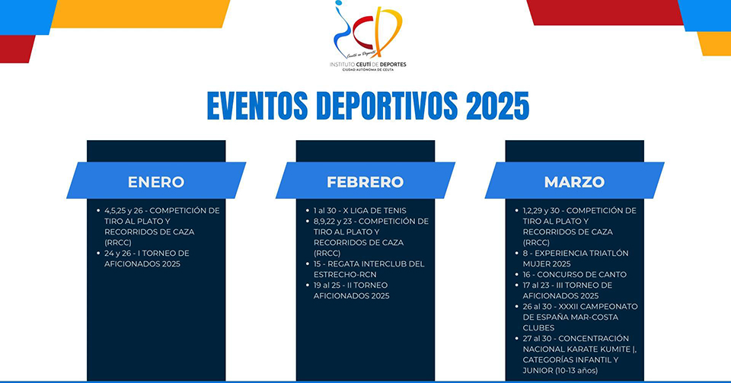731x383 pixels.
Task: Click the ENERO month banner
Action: [156, 180]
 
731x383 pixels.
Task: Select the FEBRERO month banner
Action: [365, 180]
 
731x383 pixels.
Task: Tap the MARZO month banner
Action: [574, 180]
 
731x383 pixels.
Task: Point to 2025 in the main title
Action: [497, 106]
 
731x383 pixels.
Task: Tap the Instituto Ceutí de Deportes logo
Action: [368, 36]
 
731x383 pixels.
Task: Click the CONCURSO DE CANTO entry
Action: [574, 274]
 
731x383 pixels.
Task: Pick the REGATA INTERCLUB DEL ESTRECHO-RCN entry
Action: [369, 270]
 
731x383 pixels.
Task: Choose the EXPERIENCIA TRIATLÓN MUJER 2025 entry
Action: [576, 259]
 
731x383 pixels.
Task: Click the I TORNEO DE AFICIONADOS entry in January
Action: [146, 259]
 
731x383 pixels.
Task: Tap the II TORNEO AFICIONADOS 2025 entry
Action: [351, 290]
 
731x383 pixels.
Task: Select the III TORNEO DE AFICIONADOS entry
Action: [567, 290]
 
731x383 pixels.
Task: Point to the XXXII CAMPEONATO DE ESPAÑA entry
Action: [580, 317]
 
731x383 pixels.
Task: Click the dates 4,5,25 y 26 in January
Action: [123, 211]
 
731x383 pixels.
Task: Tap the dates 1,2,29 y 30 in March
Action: [541, 211]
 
